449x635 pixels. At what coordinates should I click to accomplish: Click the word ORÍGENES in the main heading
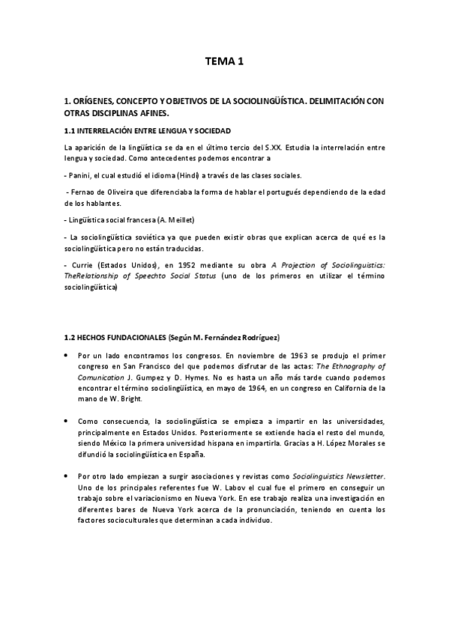(95, 100)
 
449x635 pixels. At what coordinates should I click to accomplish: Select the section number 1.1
(72, 130)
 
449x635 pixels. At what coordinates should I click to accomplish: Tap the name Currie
(83, 264)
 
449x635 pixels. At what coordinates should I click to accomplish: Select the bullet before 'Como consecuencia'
(68, 422)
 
